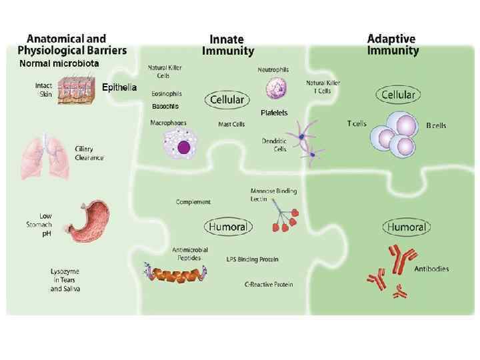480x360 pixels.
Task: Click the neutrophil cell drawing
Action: [x=275, y=87]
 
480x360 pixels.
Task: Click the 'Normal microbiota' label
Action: [x=59, y=64]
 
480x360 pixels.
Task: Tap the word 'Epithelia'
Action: [x=119, y=87]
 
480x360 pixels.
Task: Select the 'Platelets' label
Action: [x=273, y=113]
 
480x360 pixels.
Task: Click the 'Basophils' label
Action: [x=165, y=107]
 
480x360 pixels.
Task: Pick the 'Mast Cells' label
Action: [x=232, y=124]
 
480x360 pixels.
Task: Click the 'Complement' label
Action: [x=193, y=201]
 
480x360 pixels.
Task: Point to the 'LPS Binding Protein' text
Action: [x=253, y=259]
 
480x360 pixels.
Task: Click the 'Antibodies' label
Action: [x=431, y=269]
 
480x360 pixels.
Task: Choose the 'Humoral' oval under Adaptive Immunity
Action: [x=405, y=227]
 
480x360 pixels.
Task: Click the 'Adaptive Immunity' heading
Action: [x=393, y=45]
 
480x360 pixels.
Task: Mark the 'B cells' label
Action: [x=436, y=125]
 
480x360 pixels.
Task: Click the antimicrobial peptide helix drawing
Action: [x=175, y=273]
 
